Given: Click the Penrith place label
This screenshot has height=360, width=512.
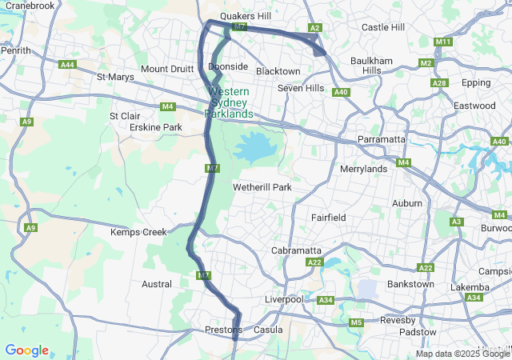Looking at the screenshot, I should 16,50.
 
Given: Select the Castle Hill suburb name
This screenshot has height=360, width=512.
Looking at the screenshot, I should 383,27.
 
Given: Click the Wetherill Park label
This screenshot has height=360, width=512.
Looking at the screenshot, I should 262,187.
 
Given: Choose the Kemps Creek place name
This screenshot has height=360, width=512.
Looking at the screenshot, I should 138,232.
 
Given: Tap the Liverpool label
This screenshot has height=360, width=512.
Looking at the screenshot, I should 284,299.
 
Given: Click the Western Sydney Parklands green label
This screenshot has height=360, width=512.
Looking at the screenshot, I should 229,102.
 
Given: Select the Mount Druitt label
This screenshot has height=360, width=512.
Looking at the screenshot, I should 167,69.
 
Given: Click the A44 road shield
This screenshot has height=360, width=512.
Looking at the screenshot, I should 68,65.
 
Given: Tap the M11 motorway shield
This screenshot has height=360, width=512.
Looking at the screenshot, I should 443,42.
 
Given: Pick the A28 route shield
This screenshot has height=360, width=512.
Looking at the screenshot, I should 438,83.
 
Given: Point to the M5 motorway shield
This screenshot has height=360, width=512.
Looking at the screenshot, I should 356,322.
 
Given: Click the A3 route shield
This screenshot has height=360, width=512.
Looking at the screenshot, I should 457,222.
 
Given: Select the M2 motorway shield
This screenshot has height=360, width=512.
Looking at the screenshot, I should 426,63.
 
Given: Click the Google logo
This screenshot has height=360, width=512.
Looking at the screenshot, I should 26,350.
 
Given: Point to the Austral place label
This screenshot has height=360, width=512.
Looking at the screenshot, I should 156,284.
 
